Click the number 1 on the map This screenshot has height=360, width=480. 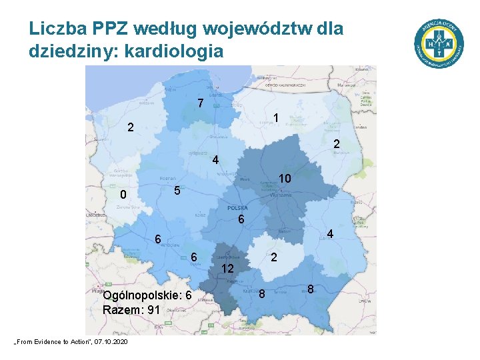coord(275,119)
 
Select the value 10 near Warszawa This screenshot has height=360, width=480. coord(284,179)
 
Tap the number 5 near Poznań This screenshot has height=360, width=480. coord(176,191)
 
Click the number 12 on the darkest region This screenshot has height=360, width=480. coord(227,269)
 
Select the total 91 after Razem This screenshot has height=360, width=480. coord(153,310)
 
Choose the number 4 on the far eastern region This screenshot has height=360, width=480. coord(329,234)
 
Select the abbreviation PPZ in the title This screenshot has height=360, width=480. coord(111,29)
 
